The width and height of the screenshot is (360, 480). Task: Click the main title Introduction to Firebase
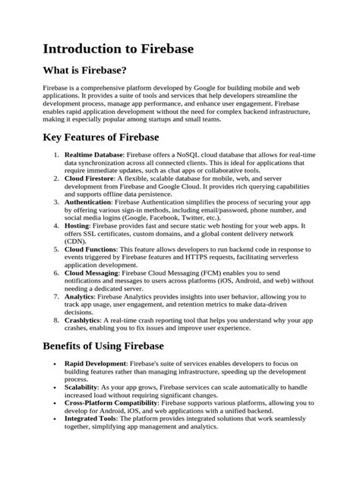coord(108,49)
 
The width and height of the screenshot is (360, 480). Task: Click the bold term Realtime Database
coord(94,154)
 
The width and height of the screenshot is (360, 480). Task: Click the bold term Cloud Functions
coord(90,250)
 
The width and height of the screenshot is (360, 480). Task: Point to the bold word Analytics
coord(81,296)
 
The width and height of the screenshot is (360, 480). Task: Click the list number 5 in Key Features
coord(57,250)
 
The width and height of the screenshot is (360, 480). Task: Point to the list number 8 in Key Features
coord(57,320)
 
